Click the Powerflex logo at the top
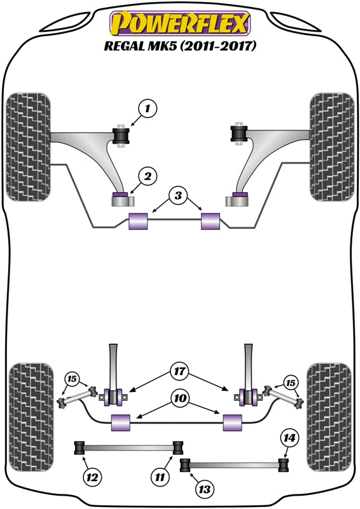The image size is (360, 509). pos(180,24)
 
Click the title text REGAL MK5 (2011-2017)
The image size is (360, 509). pos(180,46)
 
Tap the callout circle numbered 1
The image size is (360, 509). pos(147,109)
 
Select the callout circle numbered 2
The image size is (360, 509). pos(147,175)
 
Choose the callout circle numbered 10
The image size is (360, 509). pos(179,398)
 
